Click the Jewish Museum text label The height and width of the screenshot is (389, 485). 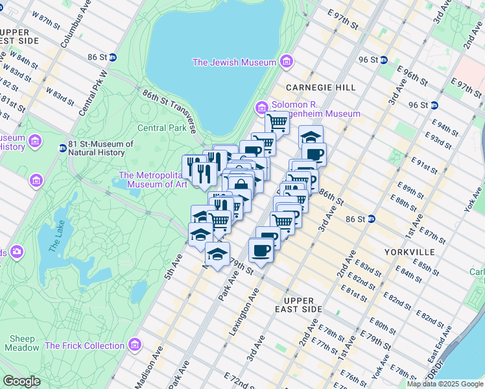click(x=235, y=62)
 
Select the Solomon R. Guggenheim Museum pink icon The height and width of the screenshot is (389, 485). click(x=261, y=106)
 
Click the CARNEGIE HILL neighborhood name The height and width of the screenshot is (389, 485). click(x=321, y=87)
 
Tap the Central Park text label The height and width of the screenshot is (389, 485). click(x=161, y=128)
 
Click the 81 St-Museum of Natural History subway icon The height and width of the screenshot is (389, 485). click(x=62, y=148)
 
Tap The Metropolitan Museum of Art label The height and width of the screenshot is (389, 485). click(x=153, y=180)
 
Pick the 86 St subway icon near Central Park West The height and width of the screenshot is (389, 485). click(x=112, y=57)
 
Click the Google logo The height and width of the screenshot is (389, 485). click(x=21, y=381)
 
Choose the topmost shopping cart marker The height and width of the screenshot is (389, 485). click(x=277, y=121)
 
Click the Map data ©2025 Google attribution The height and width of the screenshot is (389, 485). click(x=445, y=384)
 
